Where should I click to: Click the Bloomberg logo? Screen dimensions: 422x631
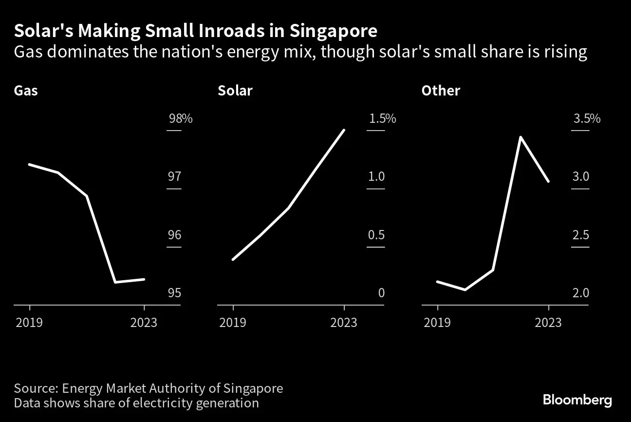577,401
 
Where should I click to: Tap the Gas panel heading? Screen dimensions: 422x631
26,91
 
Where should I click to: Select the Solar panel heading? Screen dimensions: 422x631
235,91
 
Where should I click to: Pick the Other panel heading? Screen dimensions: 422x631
441,91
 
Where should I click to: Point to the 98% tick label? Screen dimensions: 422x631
180,118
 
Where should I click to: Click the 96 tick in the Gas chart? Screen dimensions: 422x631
174,235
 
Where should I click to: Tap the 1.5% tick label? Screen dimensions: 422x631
382,118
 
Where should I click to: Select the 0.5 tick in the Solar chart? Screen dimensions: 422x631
376,235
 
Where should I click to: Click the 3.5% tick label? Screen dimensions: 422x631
587,118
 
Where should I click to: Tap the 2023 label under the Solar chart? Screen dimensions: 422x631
344,323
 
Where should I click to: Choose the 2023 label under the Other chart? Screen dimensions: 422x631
548,323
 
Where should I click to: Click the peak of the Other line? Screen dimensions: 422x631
520,137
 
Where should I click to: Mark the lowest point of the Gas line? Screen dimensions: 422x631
115,282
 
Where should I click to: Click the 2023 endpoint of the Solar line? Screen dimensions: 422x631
344,130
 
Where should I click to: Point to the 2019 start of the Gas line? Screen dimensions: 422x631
29,164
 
